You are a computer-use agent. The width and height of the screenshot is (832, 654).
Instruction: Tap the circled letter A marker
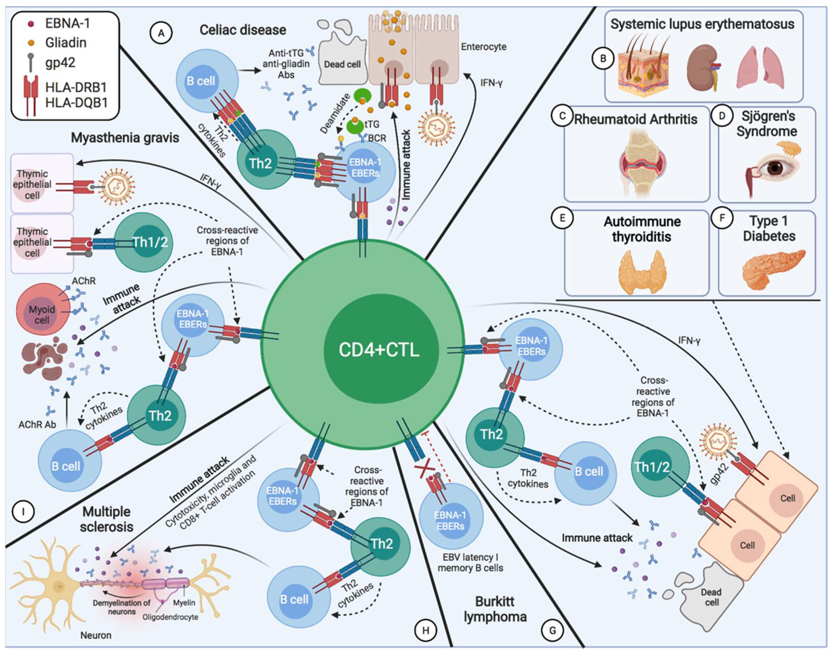(161, 33)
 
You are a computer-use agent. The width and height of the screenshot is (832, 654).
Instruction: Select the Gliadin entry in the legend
(65, 43)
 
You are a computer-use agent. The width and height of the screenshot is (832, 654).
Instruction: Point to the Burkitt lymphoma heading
(495, 609)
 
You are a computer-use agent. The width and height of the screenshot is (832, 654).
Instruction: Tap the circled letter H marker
(425, 630)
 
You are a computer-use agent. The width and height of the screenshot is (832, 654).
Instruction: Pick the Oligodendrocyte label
(170, 617)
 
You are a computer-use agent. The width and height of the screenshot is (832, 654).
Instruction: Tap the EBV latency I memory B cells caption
(470, 562)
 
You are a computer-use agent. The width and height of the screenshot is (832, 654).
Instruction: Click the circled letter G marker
(552, 630)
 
